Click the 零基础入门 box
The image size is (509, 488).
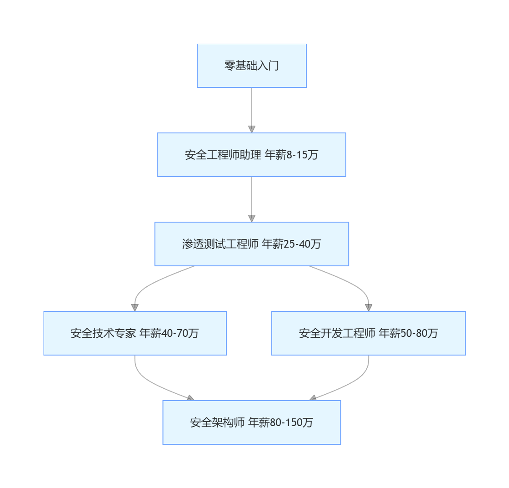point(251,66)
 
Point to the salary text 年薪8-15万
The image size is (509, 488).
point(291,155)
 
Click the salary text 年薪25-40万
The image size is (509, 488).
point(291,244)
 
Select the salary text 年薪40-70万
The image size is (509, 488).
point(169,333)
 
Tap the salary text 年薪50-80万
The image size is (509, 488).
point(408,333)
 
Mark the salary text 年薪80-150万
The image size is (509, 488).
point(280,422)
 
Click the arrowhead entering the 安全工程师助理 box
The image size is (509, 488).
point(252,129)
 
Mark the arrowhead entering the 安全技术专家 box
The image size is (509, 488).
point(135,307)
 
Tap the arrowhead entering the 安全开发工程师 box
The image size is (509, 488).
point(369,307)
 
